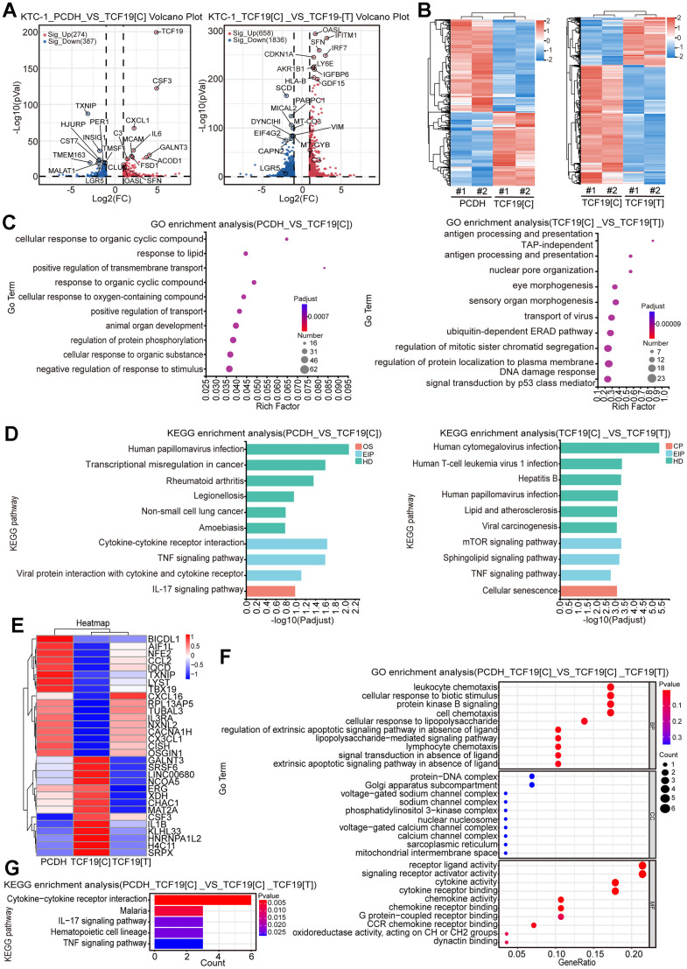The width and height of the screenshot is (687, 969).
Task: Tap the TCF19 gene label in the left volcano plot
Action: pos(172,32)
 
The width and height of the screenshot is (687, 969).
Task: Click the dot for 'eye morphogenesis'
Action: pos(615,286)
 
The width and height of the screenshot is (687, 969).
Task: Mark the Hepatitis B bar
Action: pos(591,480)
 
